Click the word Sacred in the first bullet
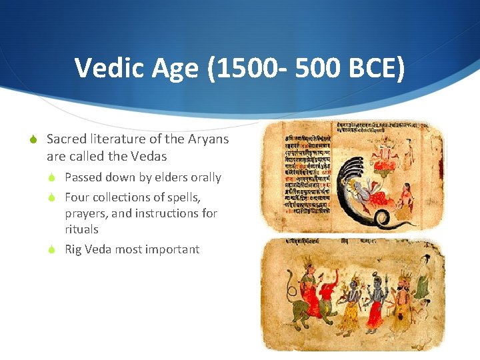tap(67, 139)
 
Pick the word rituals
tap(81, 229)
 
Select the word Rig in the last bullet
tap(73, 249)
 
